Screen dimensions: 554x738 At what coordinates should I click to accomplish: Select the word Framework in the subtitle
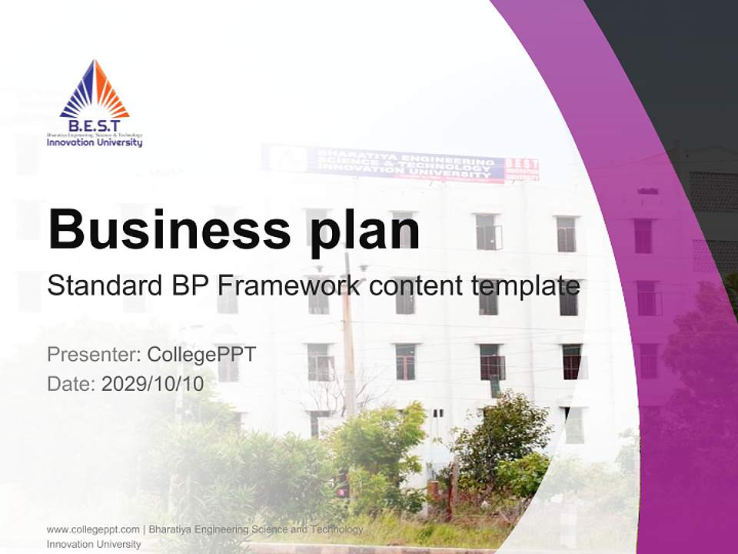(288, 286)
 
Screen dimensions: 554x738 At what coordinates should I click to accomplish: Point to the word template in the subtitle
(526, 287)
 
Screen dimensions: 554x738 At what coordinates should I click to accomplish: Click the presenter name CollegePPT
(201, 355)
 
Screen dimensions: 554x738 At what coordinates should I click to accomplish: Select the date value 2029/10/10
(153, 383)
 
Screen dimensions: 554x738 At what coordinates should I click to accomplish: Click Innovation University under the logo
(95, 142)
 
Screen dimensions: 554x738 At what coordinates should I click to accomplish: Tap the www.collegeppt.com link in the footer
(93, 529)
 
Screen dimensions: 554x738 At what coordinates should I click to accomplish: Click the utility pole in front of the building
(348, 339)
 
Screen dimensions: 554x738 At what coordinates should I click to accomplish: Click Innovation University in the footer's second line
(94, 544)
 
